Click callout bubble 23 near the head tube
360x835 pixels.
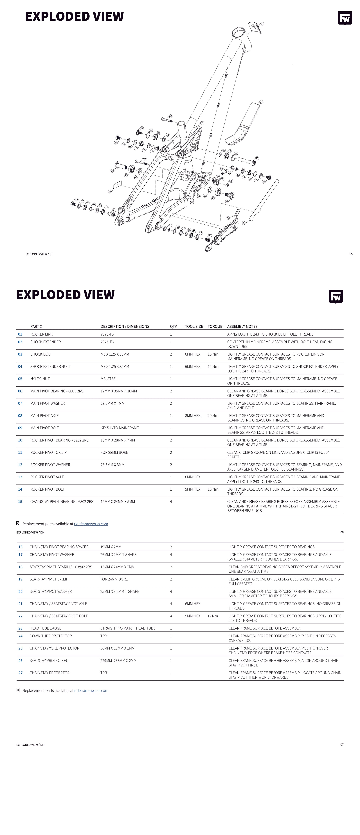click(x=262, y=24)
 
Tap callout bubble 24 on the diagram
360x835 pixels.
click(x=261, y=102)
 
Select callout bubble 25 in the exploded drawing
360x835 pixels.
click(x=109, y=192)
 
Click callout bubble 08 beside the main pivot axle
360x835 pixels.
click(x=112, y=171)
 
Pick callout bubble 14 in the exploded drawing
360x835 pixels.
click(x=142, y=128)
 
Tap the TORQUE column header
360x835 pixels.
click(x=215, y=326)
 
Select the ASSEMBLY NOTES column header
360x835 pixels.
click(x=242, y=326)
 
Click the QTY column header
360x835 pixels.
click(x=173, y=326)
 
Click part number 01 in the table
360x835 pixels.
click(x=20, y=334)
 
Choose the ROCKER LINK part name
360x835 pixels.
click(x=41, y=334)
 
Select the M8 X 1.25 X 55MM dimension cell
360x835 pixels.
click(x=115, y=354)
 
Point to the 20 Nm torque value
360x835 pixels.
click(x=213, y=416)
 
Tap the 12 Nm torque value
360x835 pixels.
click(x=213, y=616)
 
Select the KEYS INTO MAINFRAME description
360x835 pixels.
click(x=120, y=428)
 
